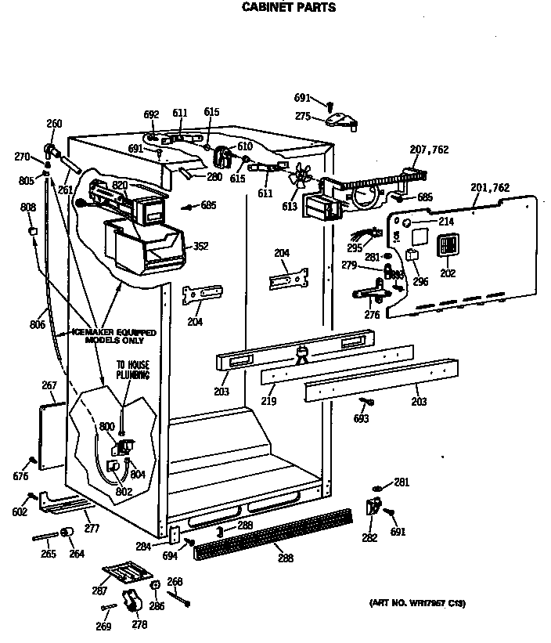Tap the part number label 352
[202, 246]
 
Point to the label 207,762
[429, 149]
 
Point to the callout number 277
[92, 529]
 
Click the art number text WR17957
[417, 603]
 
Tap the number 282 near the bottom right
[369, 538]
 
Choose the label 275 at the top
[303, 116]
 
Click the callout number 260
[54, 124]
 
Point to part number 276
[372, 315]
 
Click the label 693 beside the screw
[361, 420]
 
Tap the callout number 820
[120, 185]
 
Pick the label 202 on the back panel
[448, 273]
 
